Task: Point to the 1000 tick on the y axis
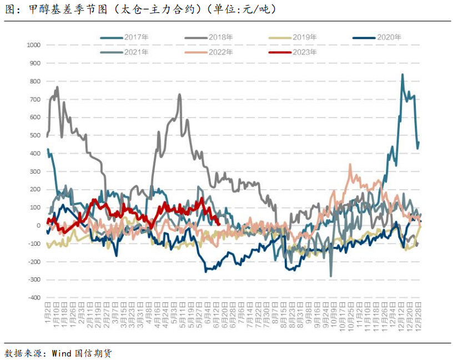tap(33, 45)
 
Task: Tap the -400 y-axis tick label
tap(33, 298)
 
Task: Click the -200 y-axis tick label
tap(33, 262)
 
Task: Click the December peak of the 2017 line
tap(403, 75)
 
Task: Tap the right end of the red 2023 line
tap(219, 224)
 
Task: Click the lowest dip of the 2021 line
tap(331, 276)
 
